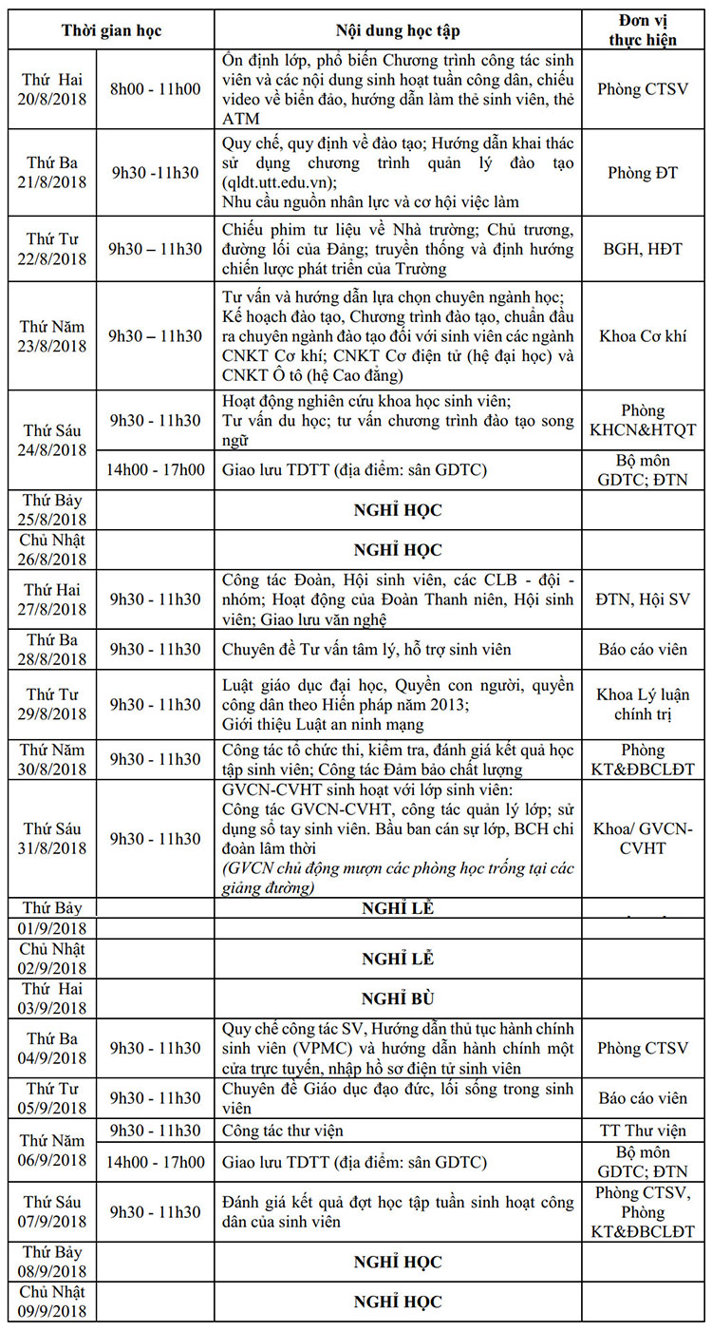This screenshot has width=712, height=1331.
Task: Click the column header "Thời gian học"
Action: pyautogui.click(x=112, y=30)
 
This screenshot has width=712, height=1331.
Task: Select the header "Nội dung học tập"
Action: pyautogui.click(x=398, y=30)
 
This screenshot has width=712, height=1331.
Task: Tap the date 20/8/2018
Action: pyautogui.click(x=53, y=100)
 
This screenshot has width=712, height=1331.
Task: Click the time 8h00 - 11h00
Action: pyautogui.click(x=156, y=89)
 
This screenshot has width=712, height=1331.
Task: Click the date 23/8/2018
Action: pyautogui.click(x=53, y=346)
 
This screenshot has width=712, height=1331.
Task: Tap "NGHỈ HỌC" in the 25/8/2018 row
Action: pyautogui.click(x=398, y=510)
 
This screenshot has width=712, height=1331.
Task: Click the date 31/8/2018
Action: pyautogui.click(x=53, y=848)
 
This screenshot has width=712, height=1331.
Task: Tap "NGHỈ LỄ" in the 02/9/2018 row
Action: pyautogui.click(x=398, y=959)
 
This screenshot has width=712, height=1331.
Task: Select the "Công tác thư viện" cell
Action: pyautogui.click(x=283, y=1131)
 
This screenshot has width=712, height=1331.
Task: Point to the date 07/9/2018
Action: pyautogui.click(x=53, y=1221)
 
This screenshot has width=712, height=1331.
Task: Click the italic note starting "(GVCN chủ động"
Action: pyautogui.click(x=398, y=879)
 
